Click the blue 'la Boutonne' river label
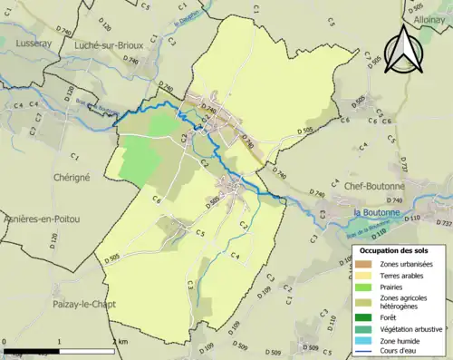373,213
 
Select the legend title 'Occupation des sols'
394,249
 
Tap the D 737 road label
443,223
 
